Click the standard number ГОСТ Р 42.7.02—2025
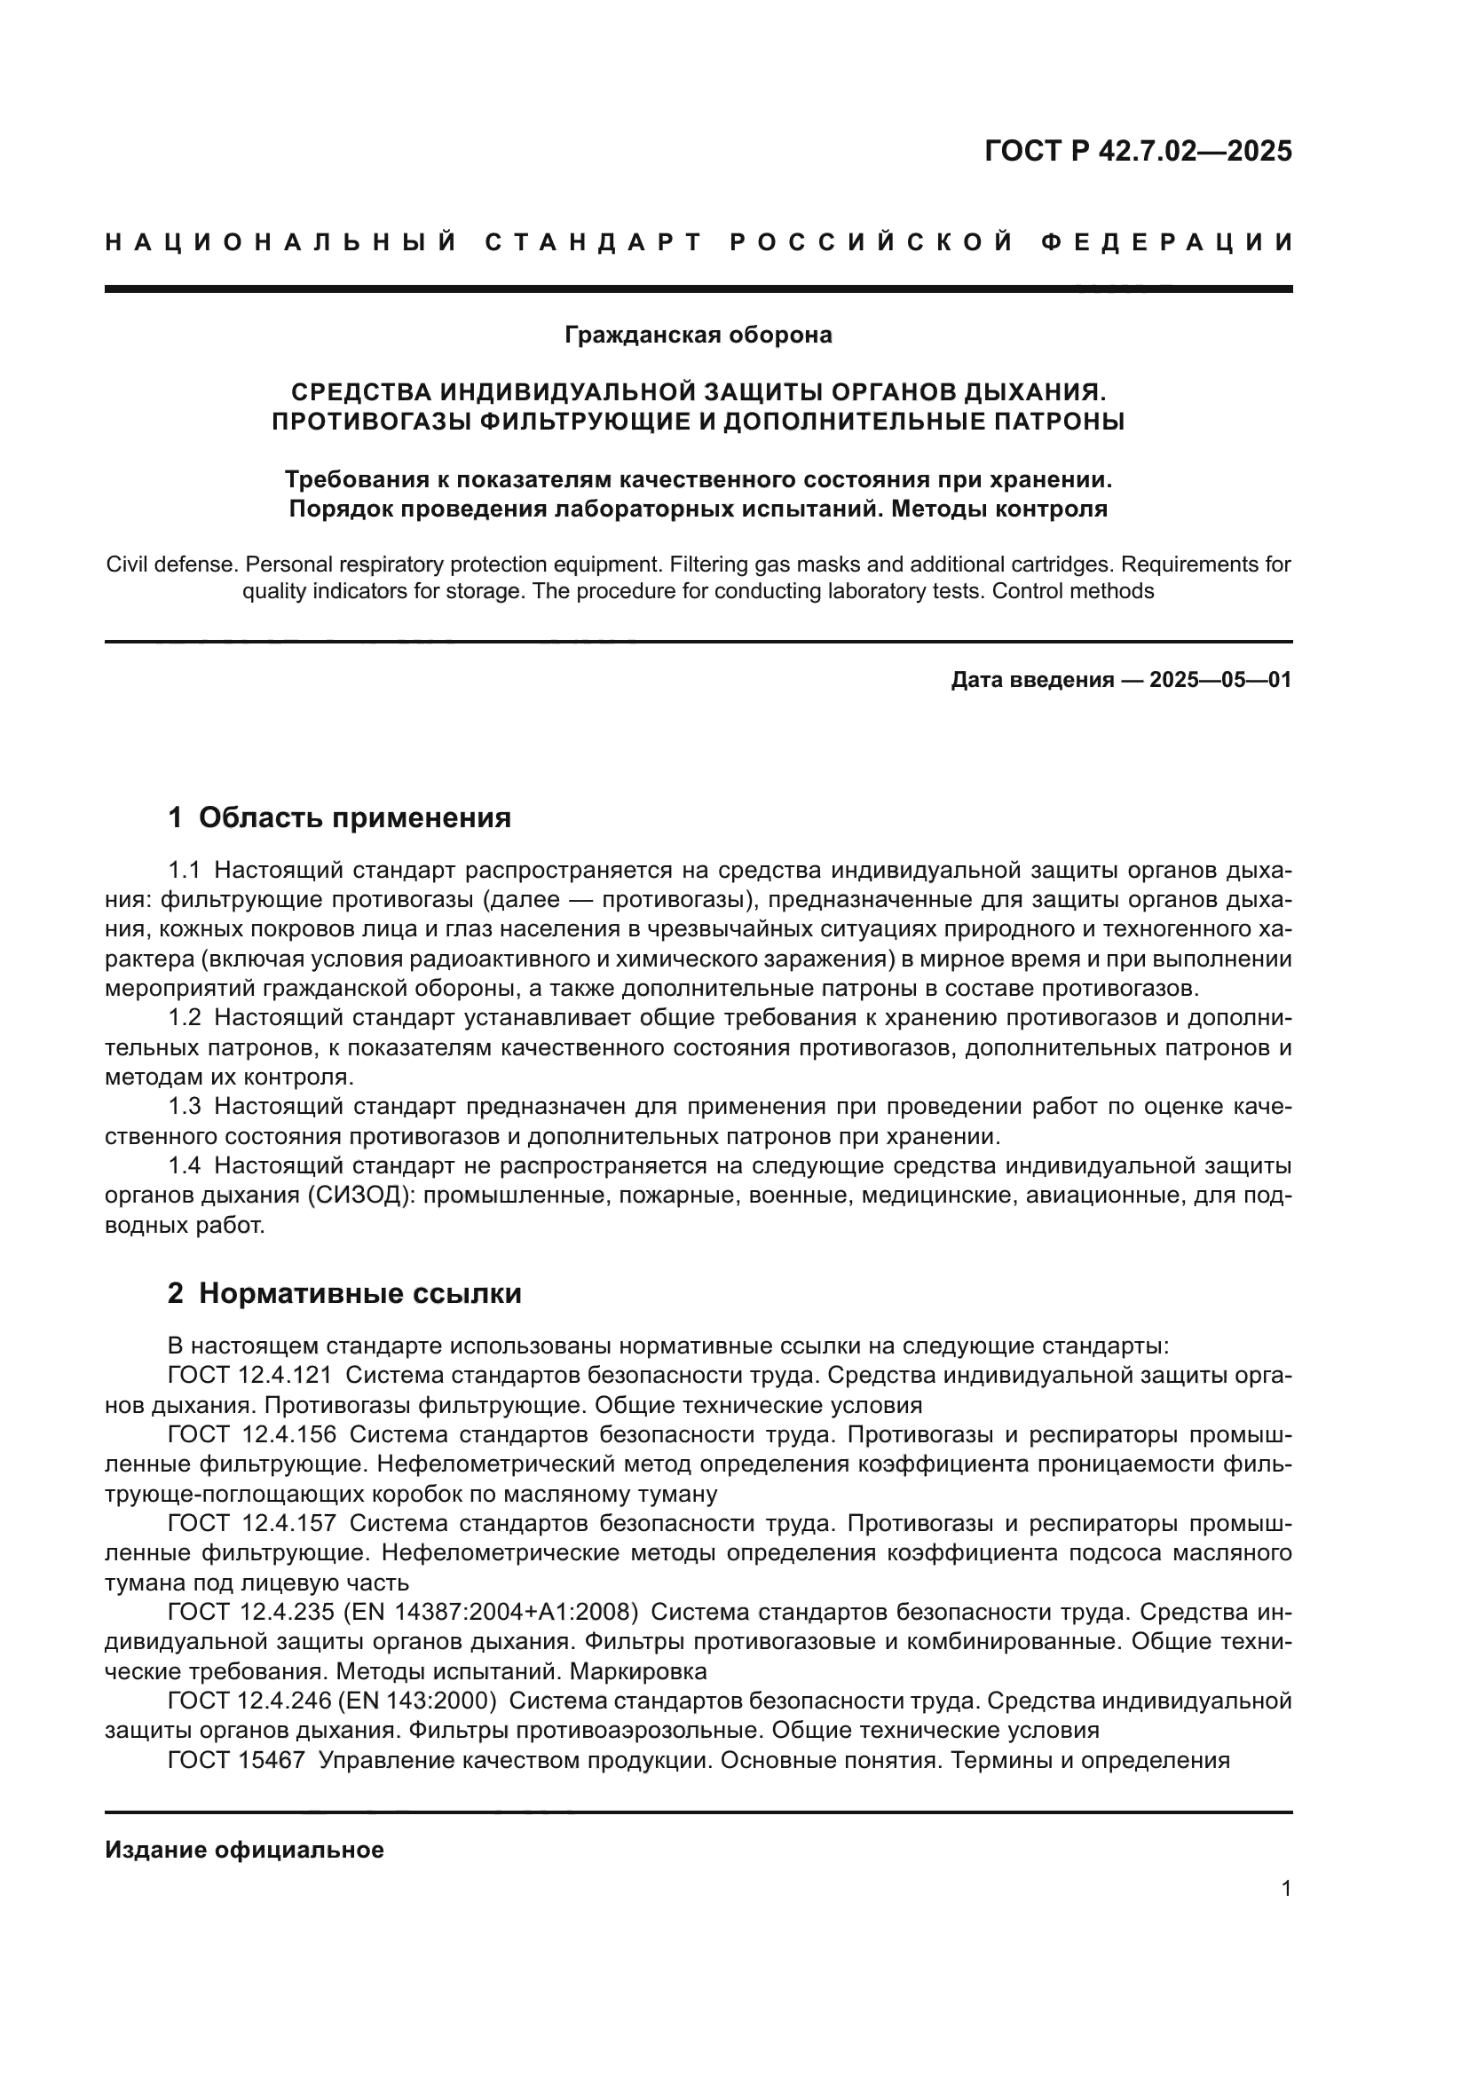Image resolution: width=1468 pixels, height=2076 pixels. pos(1138,151)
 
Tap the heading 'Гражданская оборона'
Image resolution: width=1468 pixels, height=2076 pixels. pos(698,335)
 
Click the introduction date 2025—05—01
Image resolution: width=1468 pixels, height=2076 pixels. pos(1220,680)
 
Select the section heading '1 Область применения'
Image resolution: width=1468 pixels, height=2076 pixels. pos(339,817)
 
